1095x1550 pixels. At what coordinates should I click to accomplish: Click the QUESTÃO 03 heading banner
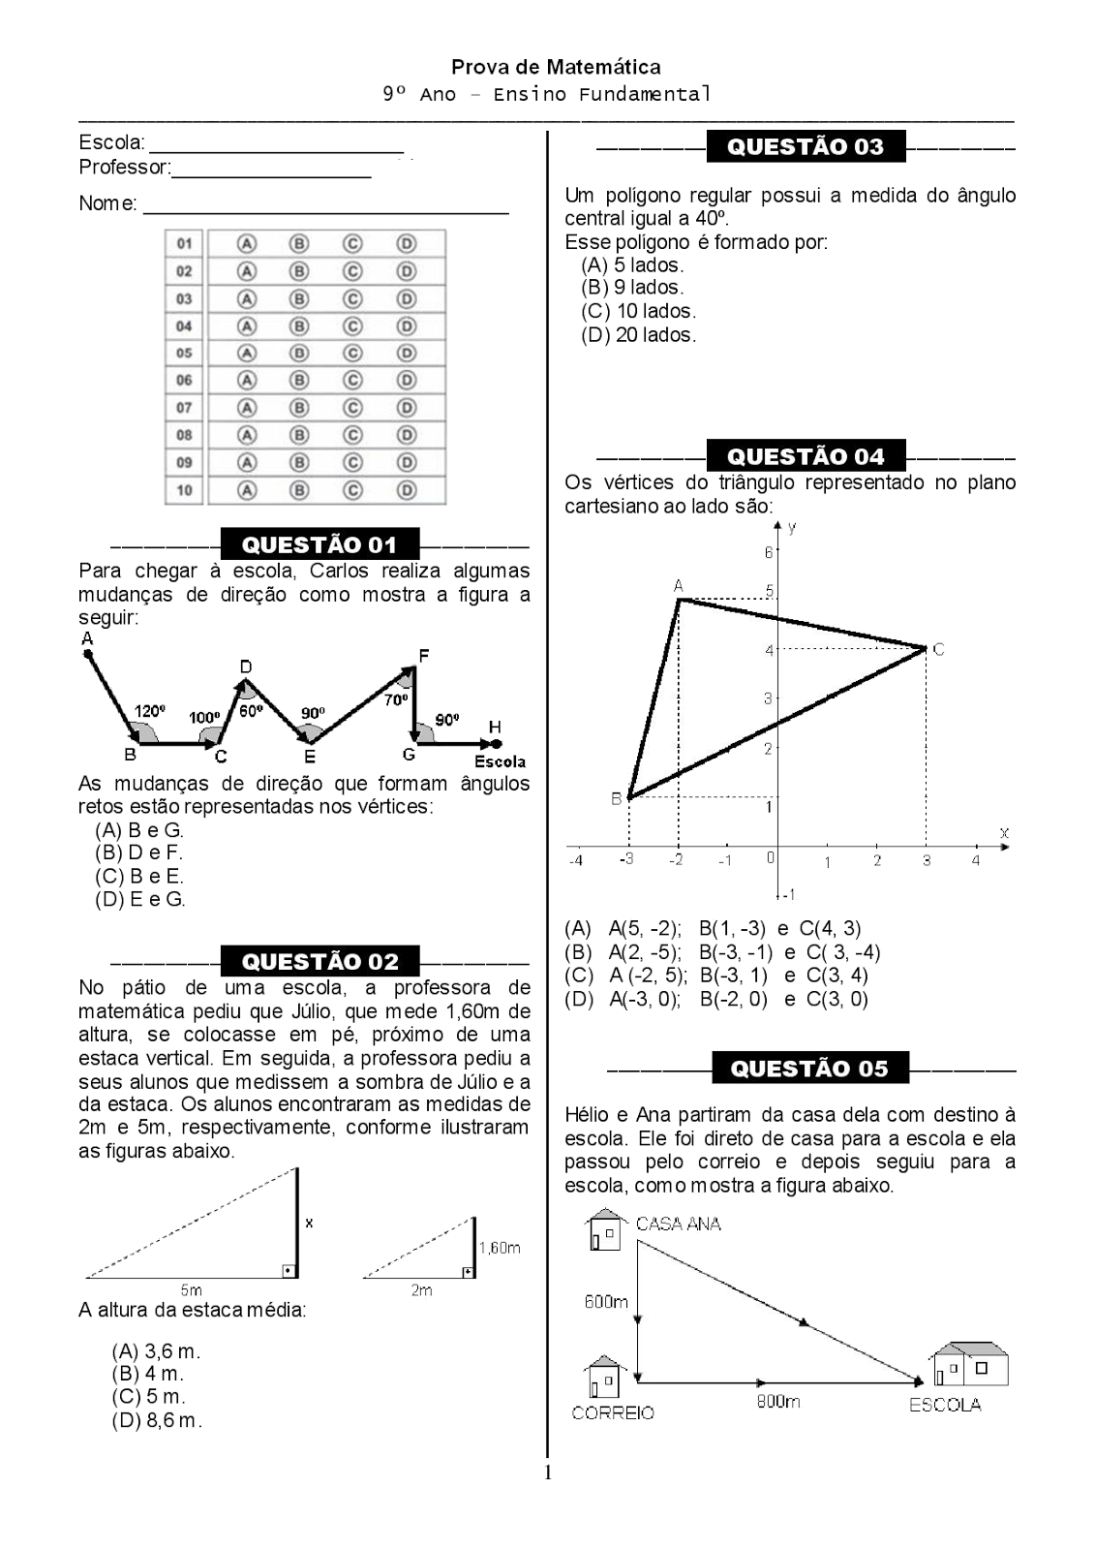[806, 146]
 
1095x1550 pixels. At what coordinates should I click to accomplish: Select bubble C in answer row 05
[352, 354]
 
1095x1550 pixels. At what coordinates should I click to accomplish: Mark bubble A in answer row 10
[248, 490]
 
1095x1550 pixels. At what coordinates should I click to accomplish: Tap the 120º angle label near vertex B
[149, 711]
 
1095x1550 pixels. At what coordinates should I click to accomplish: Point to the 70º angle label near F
[396, 699]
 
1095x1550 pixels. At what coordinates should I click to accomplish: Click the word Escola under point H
[501, 762]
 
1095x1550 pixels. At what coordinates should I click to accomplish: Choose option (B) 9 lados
[632, 288]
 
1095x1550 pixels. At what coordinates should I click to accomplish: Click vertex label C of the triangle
[938, 650]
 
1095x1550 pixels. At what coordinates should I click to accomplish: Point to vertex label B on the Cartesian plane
[616, 799]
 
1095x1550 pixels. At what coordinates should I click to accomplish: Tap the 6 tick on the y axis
[769, 552]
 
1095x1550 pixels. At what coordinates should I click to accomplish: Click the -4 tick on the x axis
[575, 860]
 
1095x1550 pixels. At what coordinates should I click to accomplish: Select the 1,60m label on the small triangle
[500, 1248]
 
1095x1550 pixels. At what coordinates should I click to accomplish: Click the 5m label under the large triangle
[191, 1289]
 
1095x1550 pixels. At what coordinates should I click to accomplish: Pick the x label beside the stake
[309, 1223]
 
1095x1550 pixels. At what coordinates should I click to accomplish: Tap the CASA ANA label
[678, 1224]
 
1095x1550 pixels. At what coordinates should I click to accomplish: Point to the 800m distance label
[778, 1402]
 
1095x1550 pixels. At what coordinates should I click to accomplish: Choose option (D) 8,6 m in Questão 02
[157, 1421]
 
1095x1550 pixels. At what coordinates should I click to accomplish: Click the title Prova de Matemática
[556, 67]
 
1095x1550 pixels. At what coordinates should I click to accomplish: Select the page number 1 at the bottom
[548, 1473]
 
